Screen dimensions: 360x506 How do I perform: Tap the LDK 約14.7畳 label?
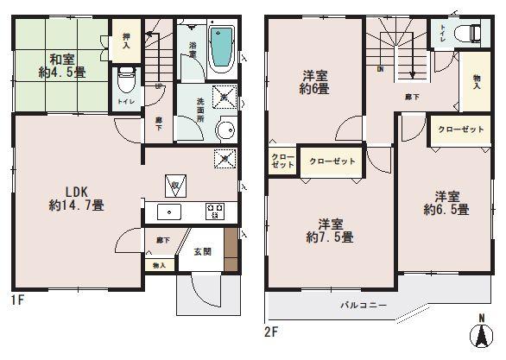point(78,198)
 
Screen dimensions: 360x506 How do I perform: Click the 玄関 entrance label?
point(201,252)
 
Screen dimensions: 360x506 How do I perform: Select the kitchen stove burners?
point(213,212)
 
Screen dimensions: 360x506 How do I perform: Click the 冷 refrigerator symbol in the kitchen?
point(174,185)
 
